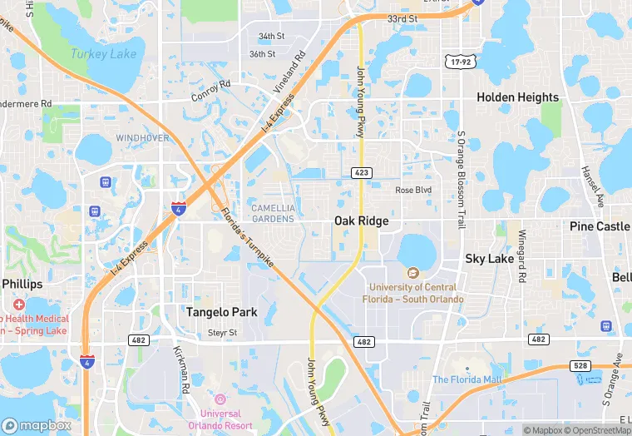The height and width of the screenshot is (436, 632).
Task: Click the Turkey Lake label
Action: (102, 54)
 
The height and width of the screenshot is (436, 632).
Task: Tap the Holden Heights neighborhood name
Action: (517, 97)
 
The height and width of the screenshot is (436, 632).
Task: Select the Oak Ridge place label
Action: (361, 220)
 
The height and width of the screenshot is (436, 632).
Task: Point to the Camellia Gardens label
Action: (273, 213)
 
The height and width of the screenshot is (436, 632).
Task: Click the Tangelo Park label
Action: (221, 312)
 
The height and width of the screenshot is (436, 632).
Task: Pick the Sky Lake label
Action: (489, 259)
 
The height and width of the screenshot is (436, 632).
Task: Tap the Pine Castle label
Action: (600, 226)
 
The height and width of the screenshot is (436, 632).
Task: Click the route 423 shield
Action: (361, 173)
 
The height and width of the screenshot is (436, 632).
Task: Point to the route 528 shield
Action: (580, 365)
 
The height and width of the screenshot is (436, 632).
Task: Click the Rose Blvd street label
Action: (413, 190)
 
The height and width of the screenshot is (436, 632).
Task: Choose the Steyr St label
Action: (222, 333)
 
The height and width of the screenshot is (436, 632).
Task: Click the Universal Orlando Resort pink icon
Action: (220, 399)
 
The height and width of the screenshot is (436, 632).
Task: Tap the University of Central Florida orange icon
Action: (412, 273)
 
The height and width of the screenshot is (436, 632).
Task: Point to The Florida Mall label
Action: (467, 379)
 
